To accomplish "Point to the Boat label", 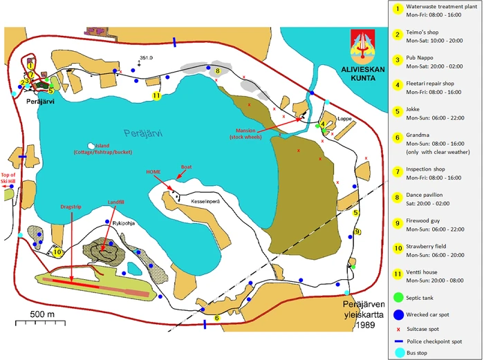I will pos(187,167).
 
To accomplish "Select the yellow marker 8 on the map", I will pos(217,70).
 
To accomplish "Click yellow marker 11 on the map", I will pos(157,95).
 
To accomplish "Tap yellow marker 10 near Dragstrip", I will pos(58,252).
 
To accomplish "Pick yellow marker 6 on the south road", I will pos(217,319).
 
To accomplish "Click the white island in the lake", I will pos(92,146).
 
